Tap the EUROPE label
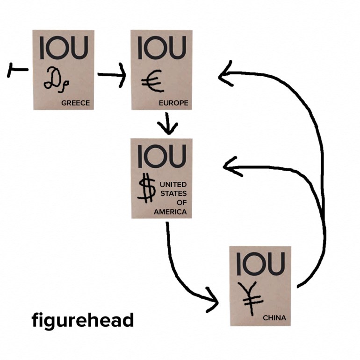point(173,103)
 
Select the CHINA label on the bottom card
point(274,318)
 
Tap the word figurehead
point(83,321)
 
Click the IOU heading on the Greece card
point(64,48)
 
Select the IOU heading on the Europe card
point(162,48)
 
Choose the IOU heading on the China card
point(260,264)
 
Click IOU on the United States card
point(162,156)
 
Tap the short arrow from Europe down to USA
point(167,123)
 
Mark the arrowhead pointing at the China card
point(213,301)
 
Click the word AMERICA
point(170,212)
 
